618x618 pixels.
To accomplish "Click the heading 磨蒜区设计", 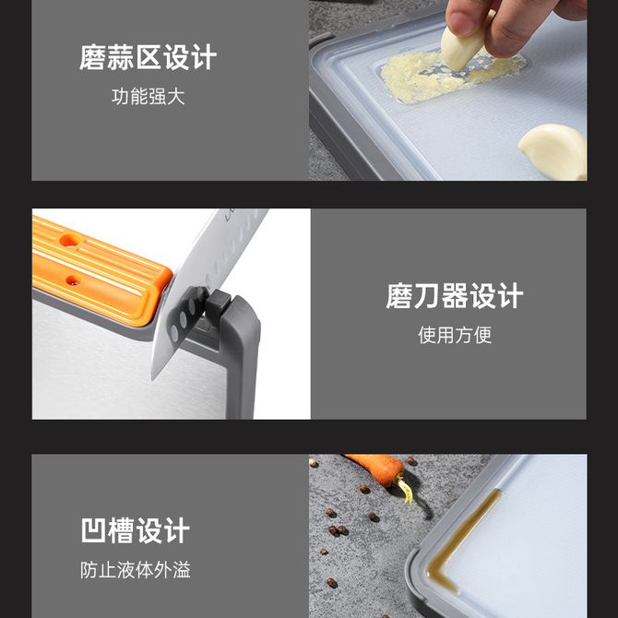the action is [x=148, y=57].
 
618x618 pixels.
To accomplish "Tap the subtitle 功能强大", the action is [x=148, y=97].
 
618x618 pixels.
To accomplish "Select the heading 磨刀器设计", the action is [x=455, y=295].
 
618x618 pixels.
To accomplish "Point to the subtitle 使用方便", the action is [x=455, y=335].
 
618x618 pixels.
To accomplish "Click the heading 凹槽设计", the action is [x=136, y=530].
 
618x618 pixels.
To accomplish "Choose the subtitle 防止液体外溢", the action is [x=136, y=570].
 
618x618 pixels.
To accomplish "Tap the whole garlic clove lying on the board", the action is [x=553, y=151].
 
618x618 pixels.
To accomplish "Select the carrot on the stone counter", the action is [x=376, y=469].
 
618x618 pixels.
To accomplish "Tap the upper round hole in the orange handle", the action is [x=70, y=240].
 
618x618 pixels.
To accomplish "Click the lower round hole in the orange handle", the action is [x=73, y=280].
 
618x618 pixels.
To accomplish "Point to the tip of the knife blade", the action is [x=153, y=378].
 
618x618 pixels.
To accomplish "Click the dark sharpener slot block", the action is [x=217, y=303].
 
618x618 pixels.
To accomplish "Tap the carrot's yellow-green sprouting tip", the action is [x=406, y=490].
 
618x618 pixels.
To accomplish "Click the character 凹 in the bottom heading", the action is [x=94, y=530].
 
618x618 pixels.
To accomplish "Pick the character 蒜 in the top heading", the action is [x=120, y=57].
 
